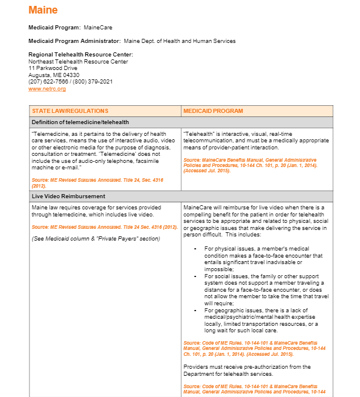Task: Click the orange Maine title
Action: click(43, 10)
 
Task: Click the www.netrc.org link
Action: click(47, 89)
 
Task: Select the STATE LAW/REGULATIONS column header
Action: click(70, 111)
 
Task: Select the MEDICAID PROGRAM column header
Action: click(213, 111)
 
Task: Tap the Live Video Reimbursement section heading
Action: click(69, 196)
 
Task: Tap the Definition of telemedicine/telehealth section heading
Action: click(81, 122)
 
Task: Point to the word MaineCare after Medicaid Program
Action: click(98, 28)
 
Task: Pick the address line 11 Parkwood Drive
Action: click(53, 68)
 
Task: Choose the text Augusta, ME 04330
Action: click(54, 75)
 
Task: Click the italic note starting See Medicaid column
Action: click(96, 238)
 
